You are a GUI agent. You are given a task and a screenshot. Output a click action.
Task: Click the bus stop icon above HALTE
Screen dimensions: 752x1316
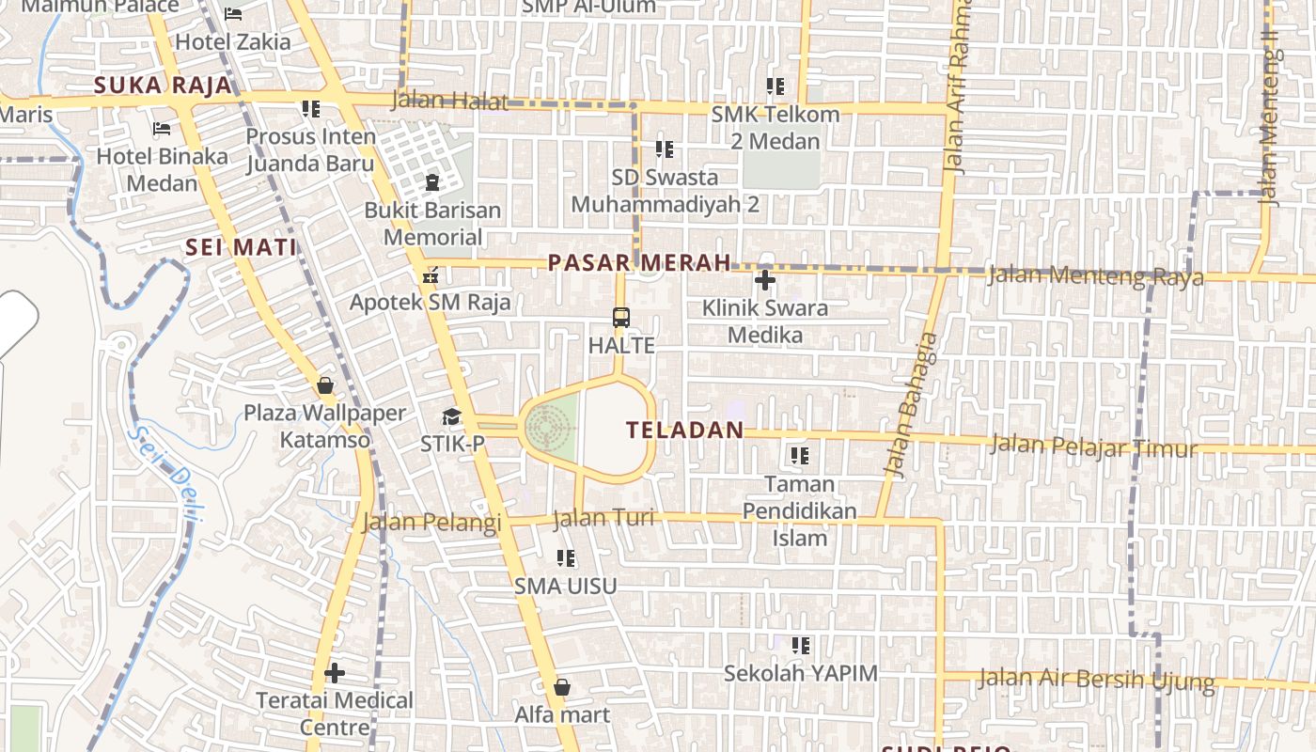point(620,318)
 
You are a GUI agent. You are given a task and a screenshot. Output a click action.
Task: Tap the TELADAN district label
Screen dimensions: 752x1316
point(684,431)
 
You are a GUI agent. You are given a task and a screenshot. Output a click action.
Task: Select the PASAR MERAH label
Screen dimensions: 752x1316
point(639,263)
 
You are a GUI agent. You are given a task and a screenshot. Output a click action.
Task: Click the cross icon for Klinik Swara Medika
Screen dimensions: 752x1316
point(765,280)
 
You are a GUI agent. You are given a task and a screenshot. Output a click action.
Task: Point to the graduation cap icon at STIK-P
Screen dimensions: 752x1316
point(452,416)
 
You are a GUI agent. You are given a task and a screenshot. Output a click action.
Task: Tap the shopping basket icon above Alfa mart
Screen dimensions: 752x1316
point(562,687)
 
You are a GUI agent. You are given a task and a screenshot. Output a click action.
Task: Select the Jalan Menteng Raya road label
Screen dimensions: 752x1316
point(1095,276)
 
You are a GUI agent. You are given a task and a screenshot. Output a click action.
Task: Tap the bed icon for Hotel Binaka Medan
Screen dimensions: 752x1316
point(162,129)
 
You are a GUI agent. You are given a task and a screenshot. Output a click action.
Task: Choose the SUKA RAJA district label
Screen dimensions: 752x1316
point(163,86)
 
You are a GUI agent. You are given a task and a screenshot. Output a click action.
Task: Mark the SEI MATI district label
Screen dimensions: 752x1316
point(241,247)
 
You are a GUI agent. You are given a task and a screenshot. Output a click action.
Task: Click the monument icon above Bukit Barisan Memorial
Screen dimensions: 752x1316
point(432,182)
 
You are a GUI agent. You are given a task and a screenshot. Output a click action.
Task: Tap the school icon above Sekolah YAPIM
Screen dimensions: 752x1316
point(800,646)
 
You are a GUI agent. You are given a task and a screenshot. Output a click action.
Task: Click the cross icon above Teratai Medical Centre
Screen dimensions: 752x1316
point(335,673)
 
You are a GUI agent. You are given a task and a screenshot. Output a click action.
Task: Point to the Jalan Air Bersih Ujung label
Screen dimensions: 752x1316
point(1096,679)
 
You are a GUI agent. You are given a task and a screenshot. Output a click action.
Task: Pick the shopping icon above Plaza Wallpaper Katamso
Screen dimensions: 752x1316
point(325,385)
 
